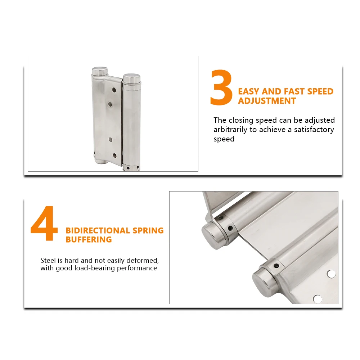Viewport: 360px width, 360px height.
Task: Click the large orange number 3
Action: [221, 89]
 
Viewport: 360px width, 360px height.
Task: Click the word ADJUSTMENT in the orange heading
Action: [267, 101]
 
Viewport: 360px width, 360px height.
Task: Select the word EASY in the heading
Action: [249, 91]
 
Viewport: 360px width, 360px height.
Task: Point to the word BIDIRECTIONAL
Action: [98, 230]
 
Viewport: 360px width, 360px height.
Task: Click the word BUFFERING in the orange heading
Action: [89, 239]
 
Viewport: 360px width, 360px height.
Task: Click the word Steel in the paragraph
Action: [48, 260]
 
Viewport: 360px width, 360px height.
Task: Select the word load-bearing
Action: [94, 268]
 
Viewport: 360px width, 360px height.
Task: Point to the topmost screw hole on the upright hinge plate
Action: [114, 90]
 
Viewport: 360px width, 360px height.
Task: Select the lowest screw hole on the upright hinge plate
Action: [115, 156]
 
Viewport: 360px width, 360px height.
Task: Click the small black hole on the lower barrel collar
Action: [276, 266]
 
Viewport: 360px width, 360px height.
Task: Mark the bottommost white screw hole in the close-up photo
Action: [317, 298]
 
